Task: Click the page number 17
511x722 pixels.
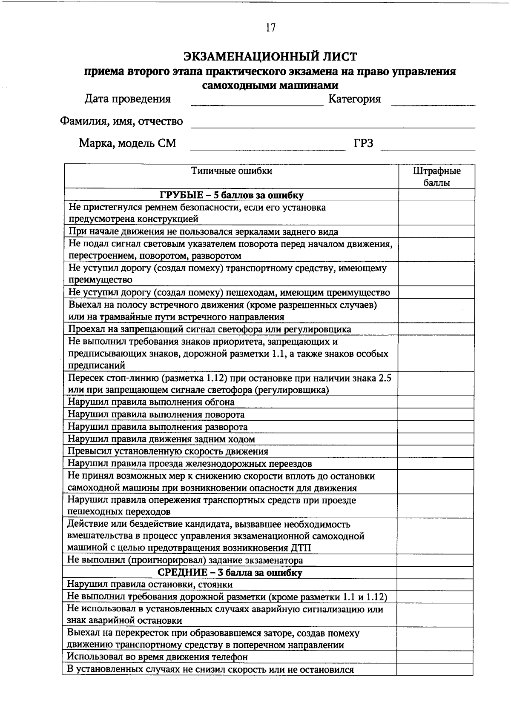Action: pyautogui.click(x=270, y=28)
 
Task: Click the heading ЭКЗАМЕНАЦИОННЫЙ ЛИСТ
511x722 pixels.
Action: pyautogui.click(x=270, y=56)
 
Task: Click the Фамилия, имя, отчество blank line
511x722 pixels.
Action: pyautogui.click(x=332, y=125)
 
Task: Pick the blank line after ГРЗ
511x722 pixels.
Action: pyautogui.click(x=428, y=147)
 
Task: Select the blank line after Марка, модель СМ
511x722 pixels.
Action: pyautogui.click(x=267, y=147)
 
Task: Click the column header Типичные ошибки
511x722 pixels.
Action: pyautogui.click(x=231, y=171)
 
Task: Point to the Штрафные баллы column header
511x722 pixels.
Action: pyautogui.click(x=436, y=177)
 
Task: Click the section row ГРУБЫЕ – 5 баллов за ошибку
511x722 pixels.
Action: pyautogui.click(x=231, y=195)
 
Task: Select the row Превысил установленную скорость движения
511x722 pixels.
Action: pyautogui.click(x=168, y=451)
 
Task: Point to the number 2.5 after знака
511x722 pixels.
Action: pyautogui.click(x=385, y=378)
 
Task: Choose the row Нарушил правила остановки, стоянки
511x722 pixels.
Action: pyautogui.click(x=150, y=585)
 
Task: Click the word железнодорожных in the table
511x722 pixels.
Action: pyautogui.click(x=224, y=464)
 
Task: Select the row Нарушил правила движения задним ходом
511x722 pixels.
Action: pyautogui.click(x=161, y=439)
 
